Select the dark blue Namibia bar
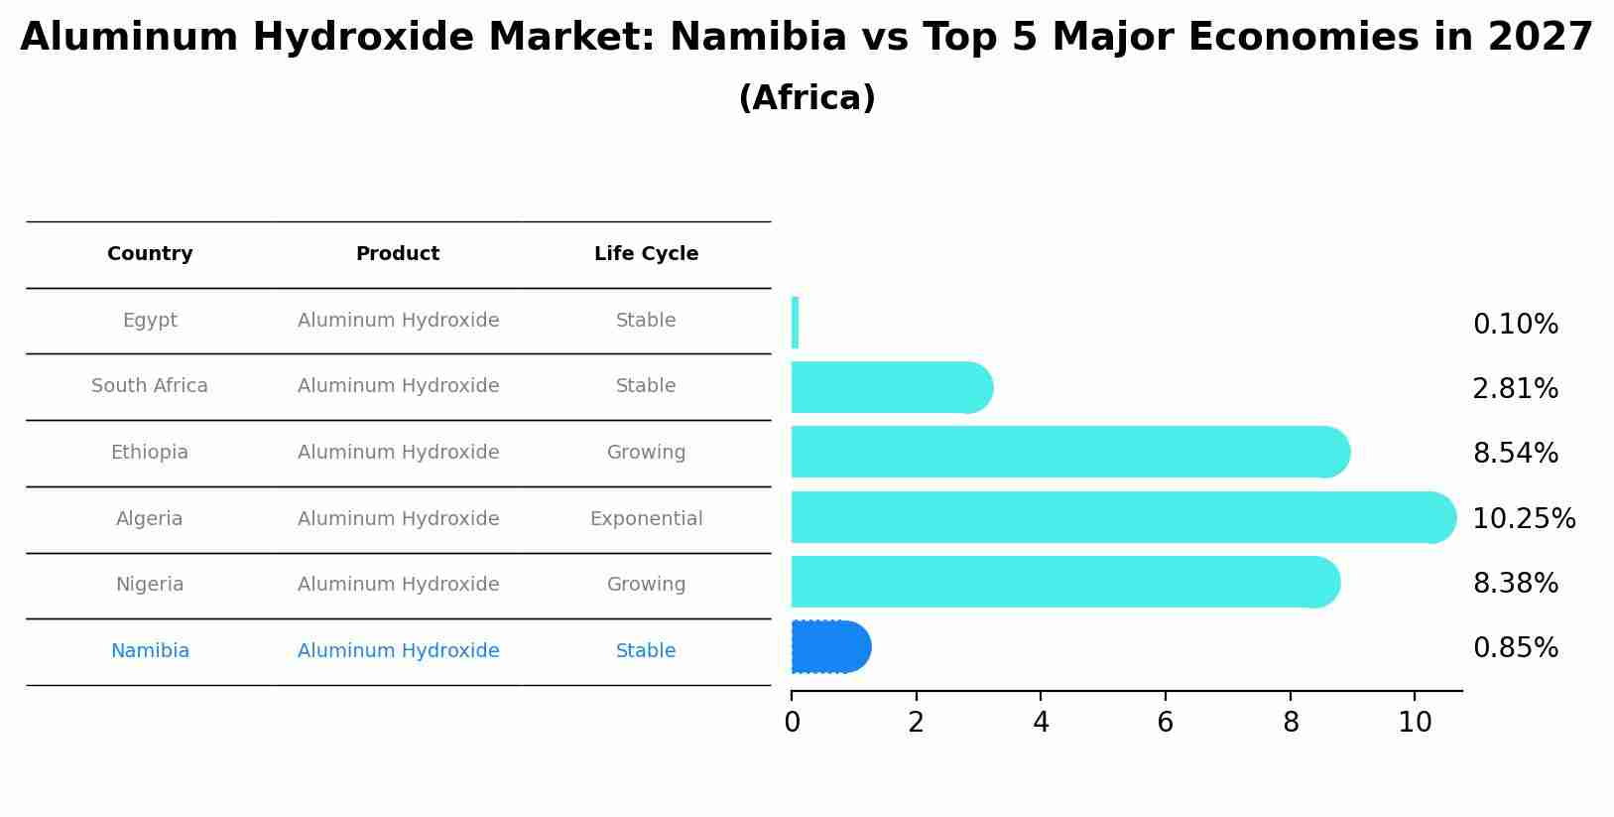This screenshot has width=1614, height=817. [829, 647]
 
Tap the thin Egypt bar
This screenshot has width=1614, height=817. [795, 323]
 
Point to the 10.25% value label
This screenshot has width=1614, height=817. [1523, 519]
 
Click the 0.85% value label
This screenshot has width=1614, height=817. [1515, 648]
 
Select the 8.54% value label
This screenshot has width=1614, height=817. [1515, 454]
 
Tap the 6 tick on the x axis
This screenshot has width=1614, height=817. [1165, 723]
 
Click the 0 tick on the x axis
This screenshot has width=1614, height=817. [792, 723]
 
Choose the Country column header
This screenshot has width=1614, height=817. [150, 254]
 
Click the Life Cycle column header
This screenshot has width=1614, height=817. [646, 254]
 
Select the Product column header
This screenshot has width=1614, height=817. [398, 254]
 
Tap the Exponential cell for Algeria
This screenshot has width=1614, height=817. [646, 519]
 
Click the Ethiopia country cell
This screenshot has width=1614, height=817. [150, 453]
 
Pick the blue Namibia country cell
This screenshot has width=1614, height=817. [150, 651]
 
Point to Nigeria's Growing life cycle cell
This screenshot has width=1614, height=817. [646, 585]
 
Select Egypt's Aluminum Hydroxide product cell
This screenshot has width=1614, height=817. [398, 321]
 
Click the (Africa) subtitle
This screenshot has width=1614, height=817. [807, 98]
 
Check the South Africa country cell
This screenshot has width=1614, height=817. [150, 386]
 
